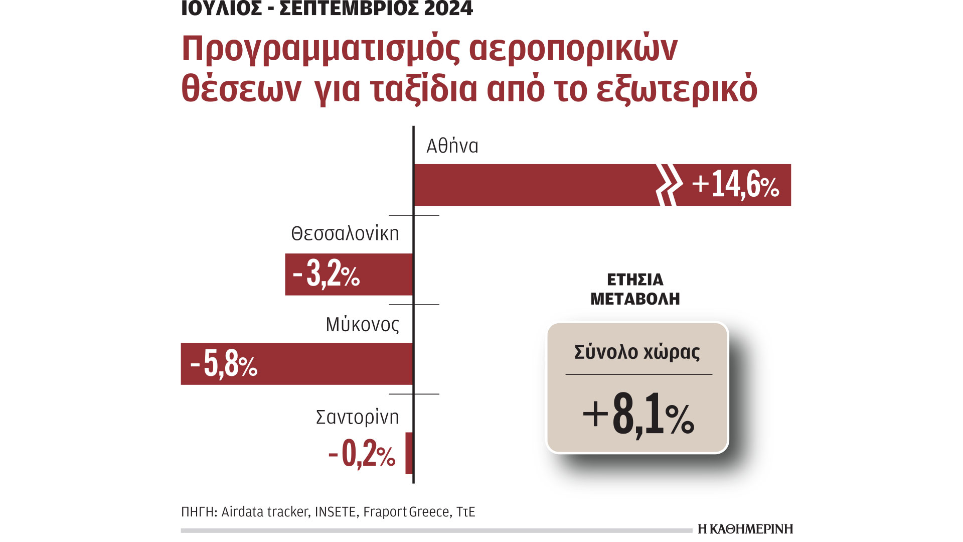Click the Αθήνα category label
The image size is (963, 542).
click(x=452, y=146)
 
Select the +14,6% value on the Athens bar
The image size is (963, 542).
click(x=735, y=184)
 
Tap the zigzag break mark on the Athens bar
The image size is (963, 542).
click(x=669, y=185)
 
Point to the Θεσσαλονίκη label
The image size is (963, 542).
click(x=345, y=234)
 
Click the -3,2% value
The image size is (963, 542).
click(x=327, y=274)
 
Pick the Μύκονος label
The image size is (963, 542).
click(x=362, y=325)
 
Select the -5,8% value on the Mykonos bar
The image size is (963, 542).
click(x=224, y=364)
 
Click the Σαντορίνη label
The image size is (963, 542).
click(x=357, y=417)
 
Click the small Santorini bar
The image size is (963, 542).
click(x=409, y=453)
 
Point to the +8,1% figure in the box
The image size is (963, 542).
click(x=638, y=415)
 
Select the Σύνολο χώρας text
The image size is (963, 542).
click(x=637, y=352)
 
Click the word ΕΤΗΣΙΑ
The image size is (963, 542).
click(x=635, y=280)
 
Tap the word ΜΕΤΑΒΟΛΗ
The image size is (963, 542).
click(x=635, y=299)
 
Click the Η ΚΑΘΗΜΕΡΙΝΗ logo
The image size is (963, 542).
click(x=745, y=528)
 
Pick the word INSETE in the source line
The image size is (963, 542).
click(x=336, y=512)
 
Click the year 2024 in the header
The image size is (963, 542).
click(x=448, y=9)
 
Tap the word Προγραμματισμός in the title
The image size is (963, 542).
click(x=320, y=49)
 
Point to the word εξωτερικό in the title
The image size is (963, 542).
click(x=677, y=89)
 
